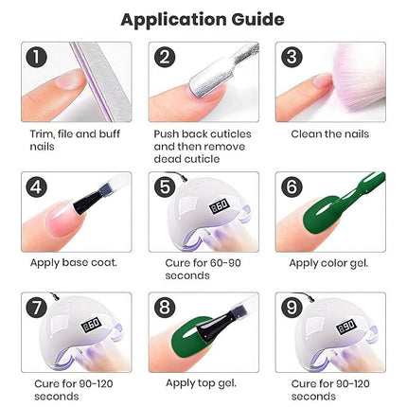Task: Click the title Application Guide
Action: (203, 18)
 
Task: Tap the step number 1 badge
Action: (37, 58)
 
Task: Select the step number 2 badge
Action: (165, 58)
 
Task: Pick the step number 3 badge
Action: (292, 58)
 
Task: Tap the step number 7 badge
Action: (37, 310)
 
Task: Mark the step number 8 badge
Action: (165, 310)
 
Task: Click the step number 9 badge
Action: (292, 310)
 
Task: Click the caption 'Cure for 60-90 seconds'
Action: (194, 269)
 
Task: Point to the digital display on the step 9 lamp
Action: (321, 325)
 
